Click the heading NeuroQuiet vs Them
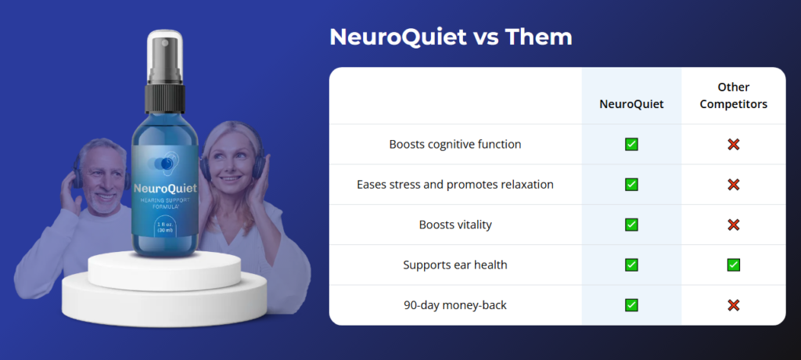450,37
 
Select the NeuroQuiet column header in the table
631,103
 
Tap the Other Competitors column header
733,95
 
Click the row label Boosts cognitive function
454,144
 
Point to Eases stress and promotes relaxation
454,185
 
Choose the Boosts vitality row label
454,225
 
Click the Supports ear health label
454,265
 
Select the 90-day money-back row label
454,304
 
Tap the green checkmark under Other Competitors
733,265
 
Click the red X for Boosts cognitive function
733,144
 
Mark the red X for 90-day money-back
733,304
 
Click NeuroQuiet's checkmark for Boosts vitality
631,225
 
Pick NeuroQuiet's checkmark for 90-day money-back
631,304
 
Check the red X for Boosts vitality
733,225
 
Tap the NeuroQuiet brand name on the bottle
165,188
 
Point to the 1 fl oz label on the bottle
164,228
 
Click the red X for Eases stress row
733,185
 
